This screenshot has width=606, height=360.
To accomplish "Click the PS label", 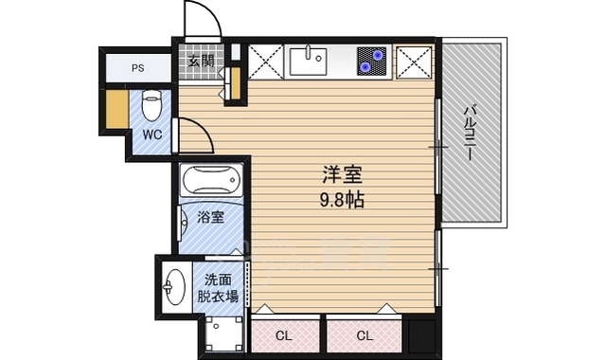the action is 138,68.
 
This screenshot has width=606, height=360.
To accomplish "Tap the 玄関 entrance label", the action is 202,61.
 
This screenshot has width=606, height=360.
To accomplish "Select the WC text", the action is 151,135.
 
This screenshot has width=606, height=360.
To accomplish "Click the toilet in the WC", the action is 151,105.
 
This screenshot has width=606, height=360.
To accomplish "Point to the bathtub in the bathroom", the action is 211,180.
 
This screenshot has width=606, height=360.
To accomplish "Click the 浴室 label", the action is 210,217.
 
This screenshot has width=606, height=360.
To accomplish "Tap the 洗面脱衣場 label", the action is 219,288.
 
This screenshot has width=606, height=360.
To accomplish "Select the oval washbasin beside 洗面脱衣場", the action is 174,287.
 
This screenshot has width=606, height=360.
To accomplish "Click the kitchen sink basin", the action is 309,61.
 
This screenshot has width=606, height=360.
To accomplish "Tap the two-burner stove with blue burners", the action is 371,61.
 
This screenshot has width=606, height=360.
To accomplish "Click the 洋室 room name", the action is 342,174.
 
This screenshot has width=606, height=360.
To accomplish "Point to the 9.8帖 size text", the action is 342,200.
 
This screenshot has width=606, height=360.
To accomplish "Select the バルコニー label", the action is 470,133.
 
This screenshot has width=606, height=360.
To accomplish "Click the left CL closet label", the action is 284,335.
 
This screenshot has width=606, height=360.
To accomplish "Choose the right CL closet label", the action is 364,335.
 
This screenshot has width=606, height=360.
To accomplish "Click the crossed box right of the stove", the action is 414,63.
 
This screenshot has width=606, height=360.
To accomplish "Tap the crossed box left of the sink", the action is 266,62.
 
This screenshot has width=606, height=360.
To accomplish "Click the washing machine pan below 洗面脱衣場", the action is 223,334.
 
